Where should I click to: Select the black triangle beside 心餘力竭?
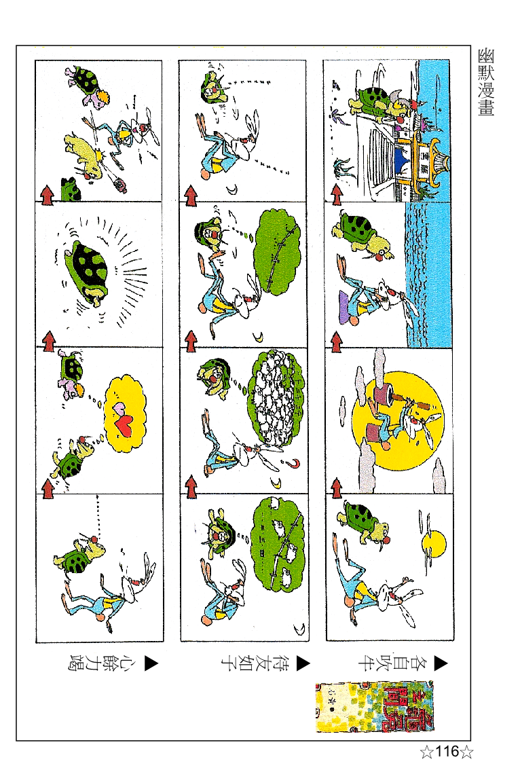[x=151, y=663]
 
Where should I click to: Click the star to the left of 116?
[x=426, y=752]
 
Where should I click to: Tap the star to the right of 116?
[x=466, y=752]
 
